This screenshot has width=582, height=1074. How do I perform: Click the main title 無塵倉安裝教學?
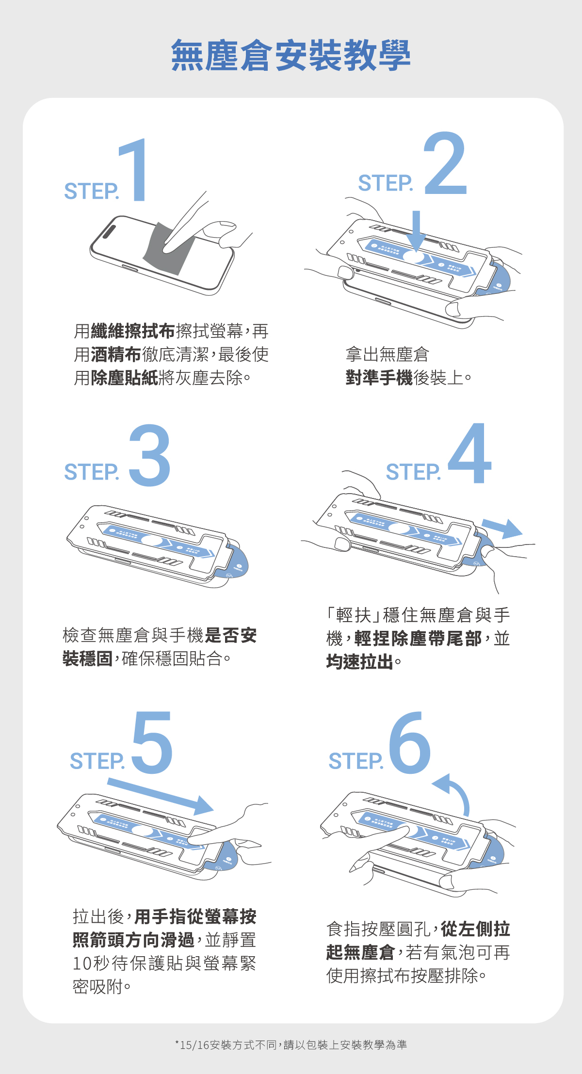click(x=291, y=55)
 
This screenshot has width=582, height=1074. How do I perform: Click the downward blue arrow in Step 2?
click(x=416, y=230)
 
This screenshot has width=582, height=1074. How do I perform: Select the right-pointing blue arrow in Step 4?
click(x=502, y=528)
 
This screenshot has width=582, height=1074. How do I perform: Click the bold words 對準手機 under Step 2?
click(x=379, y=377)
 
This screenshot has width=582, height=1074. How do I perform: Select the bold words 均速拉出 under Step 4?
click(x=359, y=662)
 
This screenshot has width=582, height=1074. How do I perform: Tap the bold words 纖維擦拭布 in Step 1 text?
click(x=132, y=331)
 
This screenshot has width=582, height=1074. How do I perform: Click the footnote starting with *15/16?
click(x=291, y=1045)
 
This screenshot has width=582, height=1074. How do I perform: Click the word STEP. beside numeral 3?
click(x=91, y=472)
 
